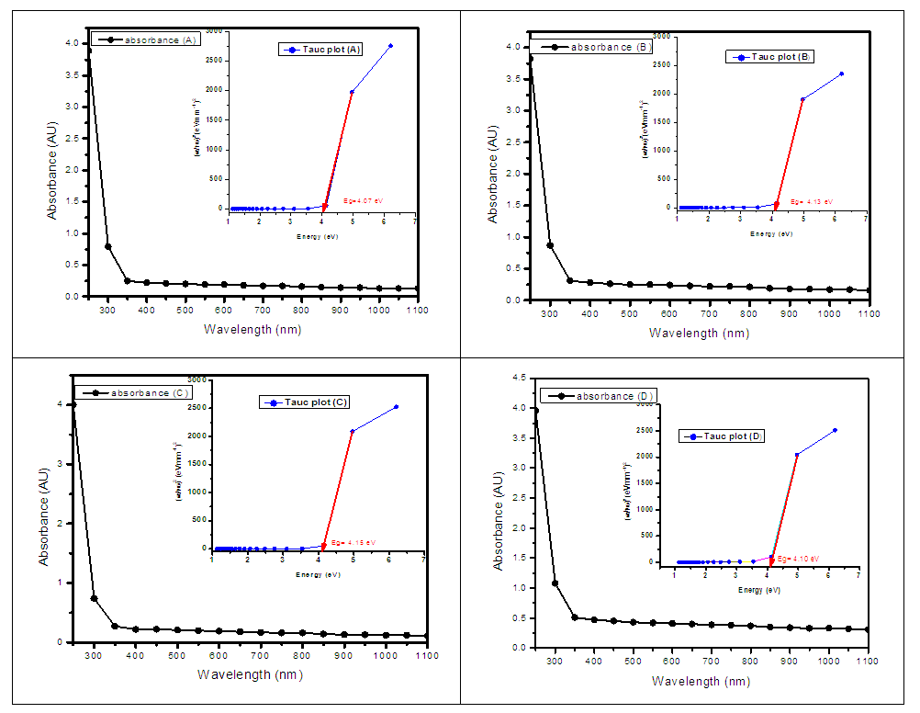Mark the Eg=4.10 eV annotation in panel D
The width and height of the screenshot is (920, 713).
point(797,558)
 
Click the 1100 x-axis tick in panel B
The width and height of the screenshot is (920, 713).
point(868,314)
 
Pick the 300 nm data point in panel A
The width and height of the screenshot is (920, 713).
point(108,246)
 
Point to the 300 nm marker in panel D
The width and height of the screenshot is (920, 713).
point(555,583)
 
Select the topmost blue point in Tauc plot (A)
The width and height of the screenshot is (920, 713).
point(390,46)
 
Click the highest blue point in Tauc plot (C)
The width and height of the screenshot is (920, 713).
point(396,407)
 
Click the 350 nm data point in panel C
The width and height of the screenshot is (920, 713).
point(115,626)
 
